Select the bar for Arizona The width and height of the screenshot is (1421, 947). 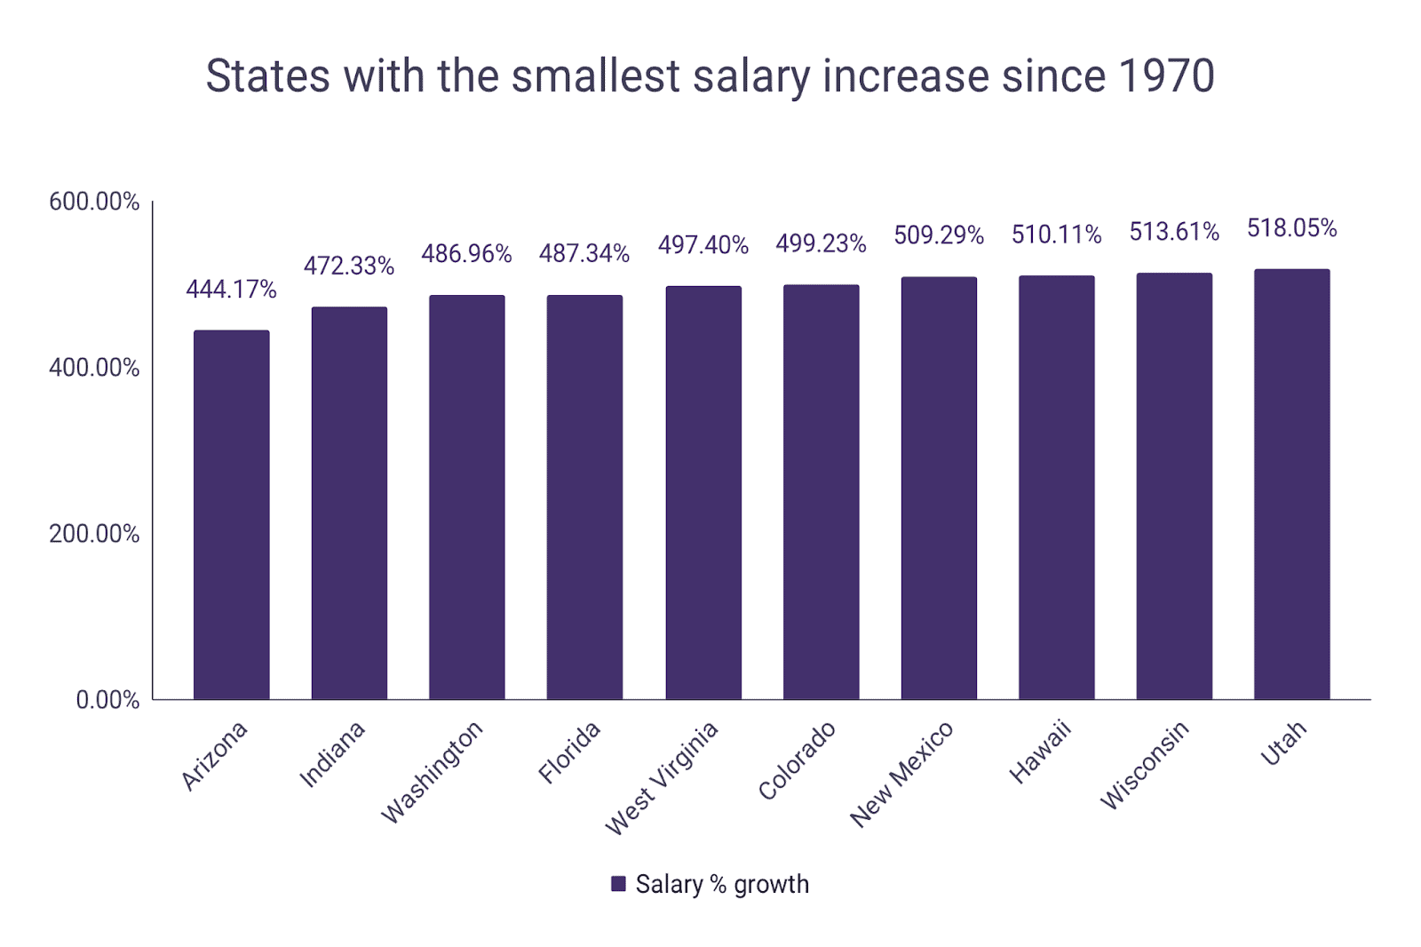[231, 515]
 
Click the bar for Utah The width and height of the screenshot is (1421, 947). [1291, 484]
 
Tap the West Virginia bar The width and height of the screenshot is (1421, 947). [703, 493]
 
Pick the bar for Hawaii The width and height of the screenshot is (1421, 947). [1056, 488]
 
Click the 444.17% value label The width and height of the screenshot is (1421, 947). [231, 290]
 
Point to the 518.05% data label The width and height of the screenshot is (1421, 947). [1291, 228]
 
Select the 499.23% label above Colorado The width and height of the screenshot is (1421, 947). [821, 243]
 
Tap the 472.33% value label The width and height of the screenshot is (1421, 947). [349, 266]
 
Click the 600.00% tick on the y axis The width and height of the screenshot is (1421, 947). [94, 202]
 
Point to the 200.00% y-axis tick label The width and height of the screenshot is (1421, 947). [94, 534]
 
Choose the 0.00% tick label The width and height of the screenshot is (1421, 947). [107, 700]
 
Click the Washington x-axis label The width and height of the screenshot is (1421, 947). [432, 772]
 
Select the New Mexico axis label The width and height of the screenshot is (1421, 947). [901, 774]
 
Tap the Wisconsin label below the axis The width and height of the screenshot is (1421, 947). [1144, 765]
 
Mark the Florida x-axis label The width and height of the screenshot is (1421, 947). [569, 752]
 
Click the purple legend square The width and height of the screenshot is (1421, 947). [618, 884]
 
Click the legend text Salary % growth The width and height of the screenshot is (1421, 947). [722, 884]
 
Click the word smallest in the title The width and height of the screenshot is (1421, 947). [596, 76]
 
